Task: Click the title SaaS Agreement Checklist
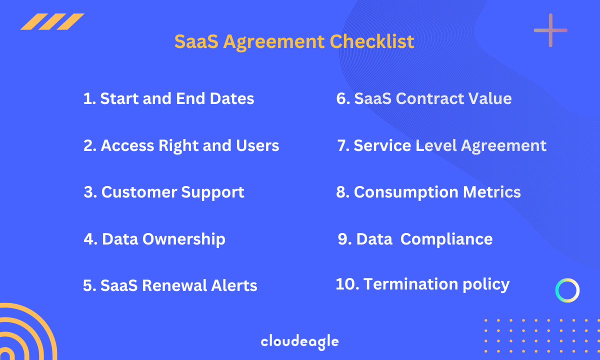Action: click(x=294, y=41)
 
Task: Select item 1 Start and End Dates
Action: click(x=168, y=98)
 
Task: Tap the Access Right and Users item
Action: click(x=181, y=145)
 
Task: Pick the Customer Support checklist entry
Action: click(x=164, y=192)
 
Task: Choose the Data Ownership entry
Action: click(x=154, y=239)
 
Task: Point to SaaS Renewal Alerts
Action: click(x=170, y=285)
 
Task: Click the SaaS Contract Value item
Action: click(x=423, y=98)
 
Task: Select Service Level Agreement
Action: click(x=441, y=145)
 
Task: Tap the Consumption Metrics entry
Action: click(x=428, y=192)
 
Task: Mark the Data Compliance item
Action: click(x=415, y=239)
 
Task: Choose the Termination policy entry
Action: click(x=422, y=284)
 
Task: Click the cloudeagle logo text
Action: click(x=299, y=342)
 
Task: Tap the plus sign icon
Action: click(x=550, y=30)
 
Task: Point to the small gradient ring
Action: click(x=567, y=290)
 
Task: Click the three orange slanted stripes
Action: click(x=52, y=21)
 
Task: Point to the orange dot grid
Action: click(x=540, y=338)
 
